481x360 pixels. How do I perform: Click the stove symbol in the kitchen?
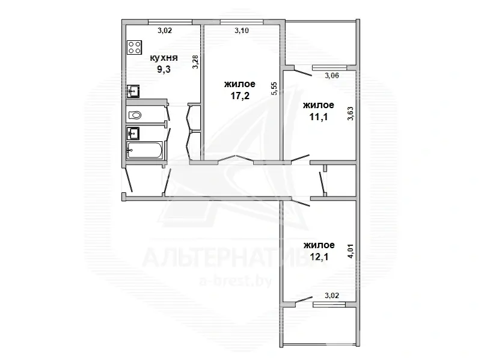(x=134, y=47)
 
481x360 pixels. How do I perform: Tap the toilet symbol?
(x=135, y=115)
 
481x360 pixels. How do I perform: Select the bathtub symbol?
(x=144, y=150)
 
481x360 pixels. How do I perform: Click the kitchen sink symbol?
(x=133, y=91)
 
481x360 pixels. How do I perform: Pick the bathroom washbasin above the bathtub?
(x=133, y=133)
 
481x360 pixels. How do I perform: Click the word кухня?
(x=164, y=58)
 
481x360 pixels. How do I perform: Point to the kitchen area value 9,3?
(x=164, y=69)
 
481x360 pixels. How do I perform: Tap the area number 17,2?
(x=240, y=96)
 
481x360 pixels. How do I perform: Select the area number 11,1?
(x=319, y=117)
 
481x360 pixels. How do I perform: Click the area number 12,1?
(x=319, y=257)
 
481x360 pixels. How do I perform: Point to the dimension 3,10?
(x=242, y=31)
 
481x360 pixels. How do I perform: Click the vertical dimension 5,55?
(x=274, y=88)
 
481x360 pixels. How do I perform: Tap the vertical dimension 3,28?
(x=195, y=62)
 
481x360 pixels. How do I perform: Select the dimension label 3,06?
(x=332, y=76)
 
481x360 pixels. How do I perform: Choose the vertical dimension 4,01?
(x=351, y=251)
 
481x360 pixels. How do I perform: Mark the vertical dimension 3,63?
(x=351, y=113)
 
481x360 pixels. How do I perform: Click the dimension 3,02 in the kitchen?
(x=165, y=31)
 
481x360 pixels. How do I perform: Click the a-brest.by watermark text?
(x=235, y=281)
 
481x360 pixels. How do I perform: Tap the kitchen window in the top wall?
(x=170, y=22)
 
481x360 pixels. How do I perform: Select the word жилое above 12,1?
(x=319, y=245)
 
